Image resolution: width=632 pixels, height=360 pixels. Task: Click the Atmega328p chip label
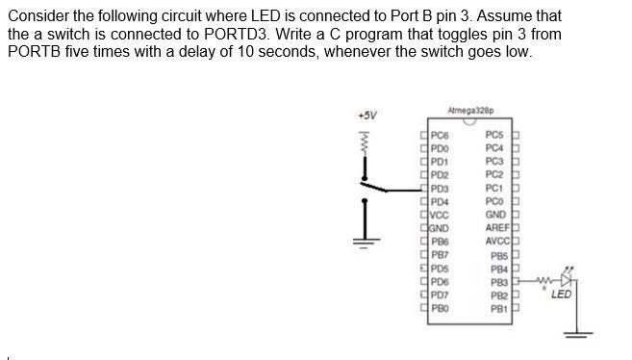click(x=465, y=113)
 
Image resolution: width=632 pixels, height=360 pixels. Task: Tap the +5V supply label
click(x=367, y=116)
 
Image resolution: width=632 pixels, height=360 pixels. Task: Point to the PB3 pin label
click(x=498, y=282)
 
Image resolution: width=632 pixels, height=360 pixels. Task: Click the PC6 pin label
click(x=440, y=135)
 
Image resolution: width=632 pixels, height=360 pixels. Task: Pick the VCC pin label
click(x=440, y=215)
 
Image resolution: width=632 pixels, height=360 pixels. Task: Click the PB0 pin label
click(x=440, y=308)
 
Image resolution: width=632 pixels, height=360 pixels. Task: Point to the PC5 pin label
click(x=496, y=135)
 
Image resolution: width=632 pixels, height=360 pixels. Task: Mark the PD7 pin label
click(x=440, y=295)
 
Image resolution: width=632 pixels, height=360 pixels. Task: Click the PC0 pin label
click(x=496, y=201)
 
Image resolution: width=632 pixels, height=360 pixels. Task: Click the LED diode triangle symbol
click(x=566, y=281)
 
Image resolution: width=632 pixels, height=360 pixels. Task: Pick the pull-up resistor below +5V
click(x=365, y=145)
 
